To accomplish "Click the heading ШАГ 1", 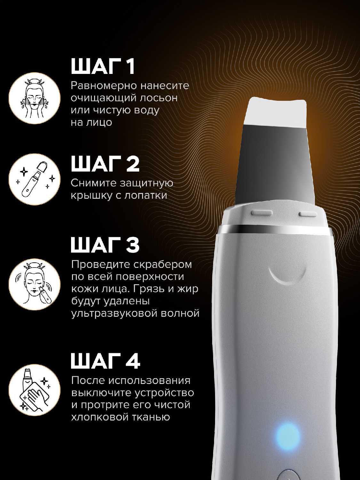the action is pos(103,66).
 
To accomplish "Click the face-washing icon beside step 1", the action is pos(35,98).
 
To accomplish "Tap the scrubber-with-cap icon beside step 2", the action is pos(35,179).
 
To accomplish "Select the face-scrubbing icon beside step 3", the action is pos(35,284).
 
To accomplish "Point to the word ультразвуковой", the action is pos(114,314).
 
